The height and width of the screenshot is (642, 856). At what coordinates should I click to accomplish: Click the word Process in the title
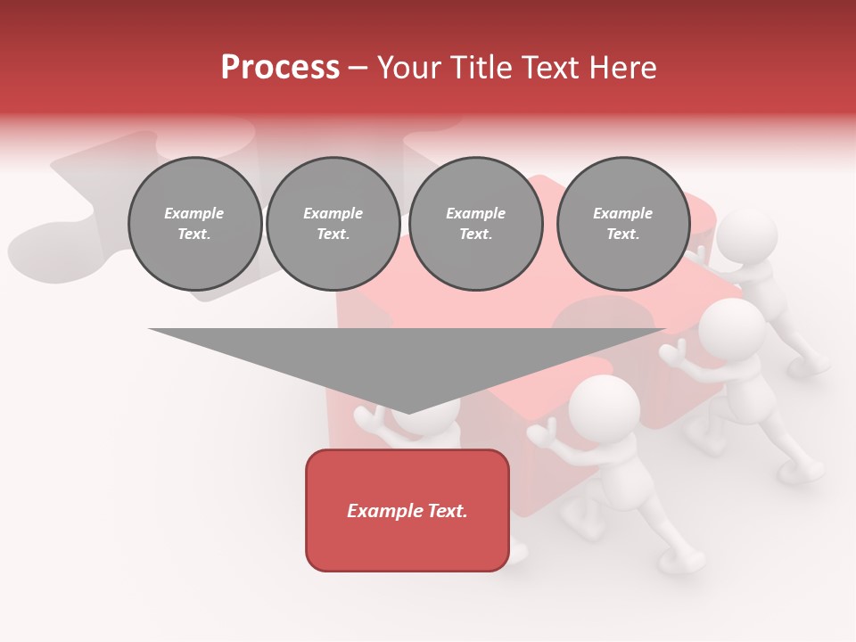[x=280, y=68]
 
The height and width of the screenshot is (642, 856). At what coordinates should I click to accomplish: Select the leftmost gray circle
[x=194, y=224]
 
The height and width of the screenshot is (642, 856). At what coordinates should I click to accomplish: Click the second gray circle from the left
[x=333, y=224]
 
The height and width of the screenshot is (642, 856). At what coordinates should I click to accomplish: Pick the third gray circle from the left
[x=475, y=224]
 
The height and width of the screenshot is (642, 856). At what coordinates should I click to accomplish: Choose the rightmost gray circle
[x=622, y=224]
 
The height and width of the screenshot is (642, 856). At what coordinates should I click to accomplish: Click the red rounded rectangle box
[x=407, y=510]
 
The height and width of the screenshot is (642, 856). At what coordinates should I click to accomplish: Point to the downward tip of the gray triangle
[x=407, y=411]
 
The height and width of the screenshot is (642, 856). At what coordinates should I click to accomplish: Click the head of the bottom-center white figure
[x=604, y=407]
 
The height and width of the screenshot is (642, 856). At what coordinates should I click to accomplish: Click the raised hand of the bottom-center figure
[x=538, y=434]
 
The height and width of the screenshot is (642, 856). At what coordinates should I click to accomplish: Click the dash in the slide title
[x=358, y=68]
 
